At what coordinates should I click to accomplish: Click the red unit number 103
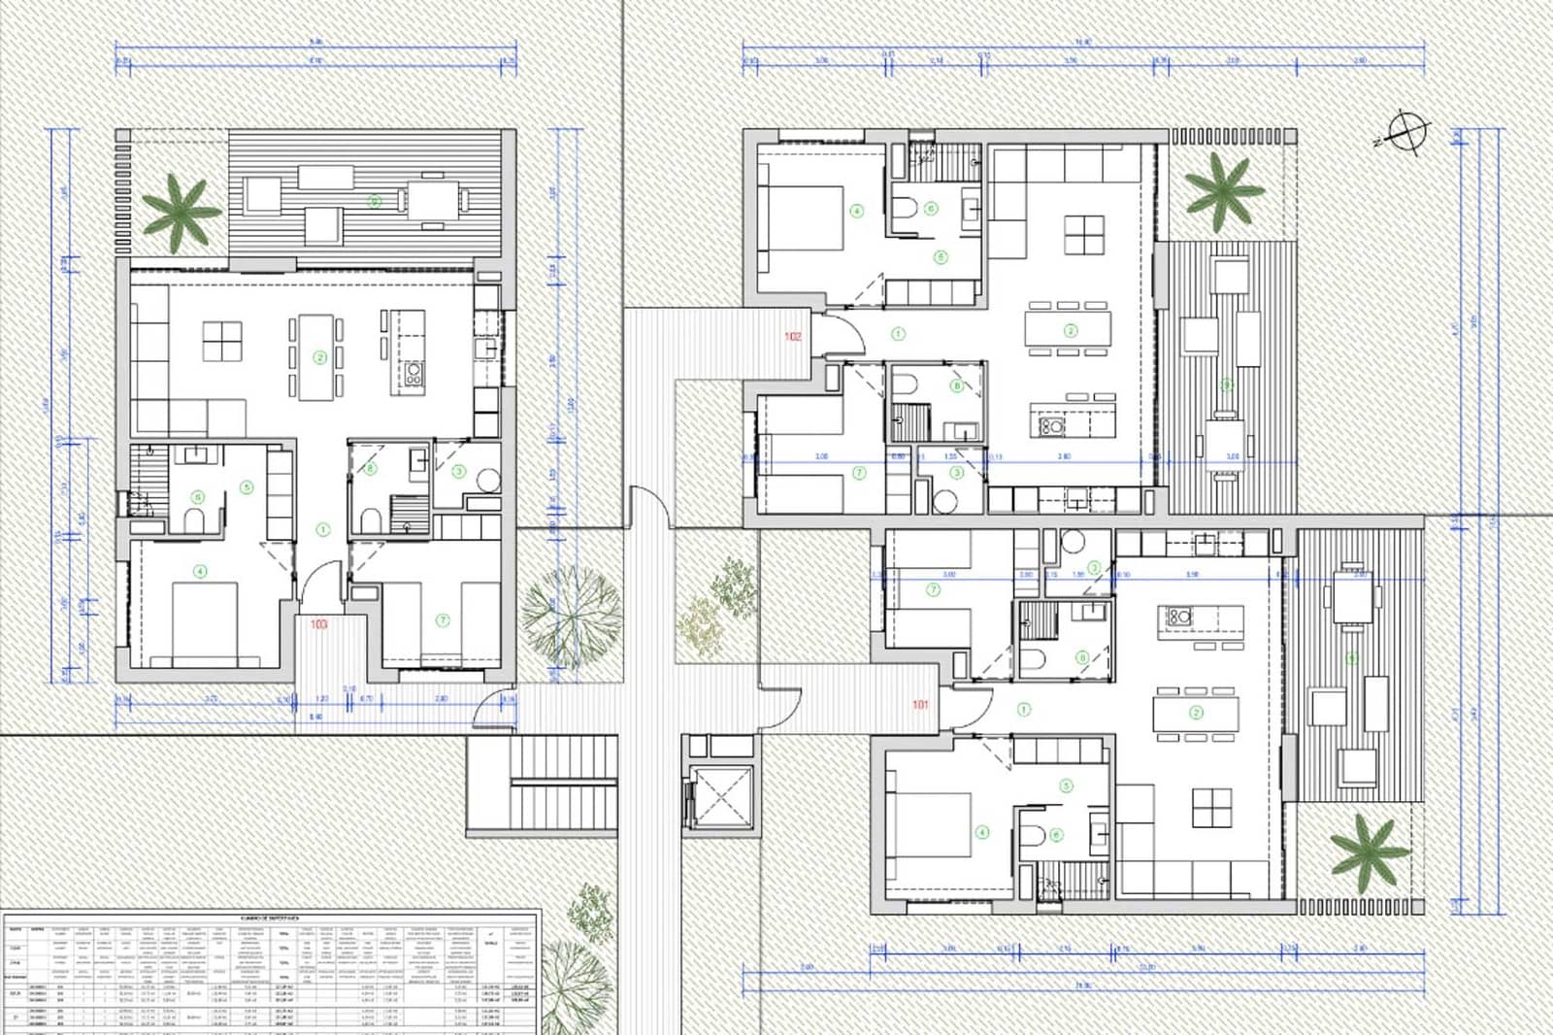tap(318, 624)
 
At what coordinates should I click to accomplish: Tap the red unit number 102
tap(793, 337)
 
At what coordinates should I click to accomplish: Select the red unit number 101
tap(920, 705)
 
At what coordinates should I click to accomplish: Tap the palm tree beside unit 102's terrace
tap(1224, 189)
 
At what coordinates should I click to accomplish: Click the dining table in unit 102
tap(1069, 329)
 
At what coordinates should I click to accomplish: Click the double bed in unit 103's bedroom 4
tap(206, 620)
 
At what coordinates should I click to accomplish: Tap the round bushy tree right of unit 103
tap(569, 616)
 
